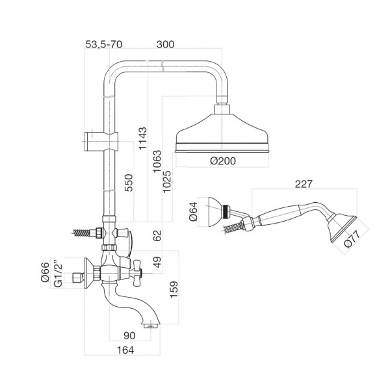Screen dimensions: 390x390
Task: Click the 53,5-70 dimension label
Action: pos(104,44)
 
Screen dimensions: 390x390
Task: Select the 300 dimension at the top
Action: pos(165,44)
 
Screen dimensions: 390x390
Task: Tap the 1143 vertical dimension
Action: pos(143,138)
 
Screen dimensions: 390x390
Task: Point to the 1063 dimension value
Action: pos(157,161)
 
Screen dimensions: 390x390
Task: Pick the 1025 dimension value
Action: pos(167,181)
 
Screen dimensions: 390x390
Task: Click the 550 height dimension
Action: pos(129,183)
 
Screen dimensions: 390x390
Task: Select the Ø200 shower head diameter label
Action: pos(223,161)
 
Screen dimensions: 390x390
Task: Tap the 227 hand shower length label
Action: pos(304,184)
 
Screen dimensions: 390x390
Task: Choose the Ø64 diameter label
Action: pos(193,212)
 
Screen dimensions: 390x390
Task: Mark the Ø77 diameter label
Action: pos(352,239)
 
